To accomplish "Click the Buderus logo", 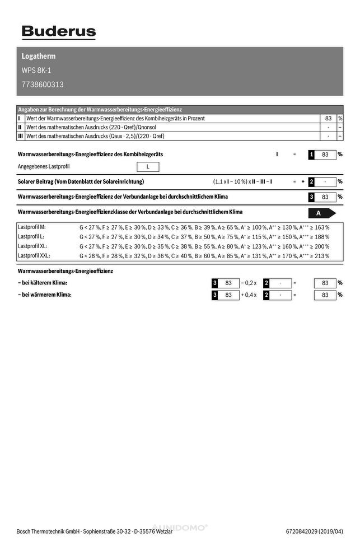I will (59, 32).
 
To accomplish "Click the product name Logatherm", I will (39, 57).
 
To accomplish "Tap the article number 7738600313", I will (43, 85).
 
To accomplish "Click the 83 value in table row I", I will (328, 119).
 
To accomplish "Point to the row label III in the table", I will (21, 136).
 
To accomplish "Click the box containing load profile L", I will (148, 166).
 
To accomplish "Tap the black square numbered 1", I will (312, 154).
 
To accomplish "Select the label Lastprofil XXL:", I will (34, 255).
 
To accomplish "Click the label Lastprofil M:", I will (32, 227).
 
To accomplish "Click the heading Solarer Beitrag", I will (81, 181).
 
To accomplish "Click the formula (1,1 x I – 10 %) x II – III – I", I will (242, 181).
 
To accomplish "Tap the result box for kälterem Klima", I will (325, 283).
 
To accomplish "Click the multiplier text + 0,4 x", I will (249, 295).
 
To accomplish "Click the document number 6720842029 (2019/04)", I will (314, 531).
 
